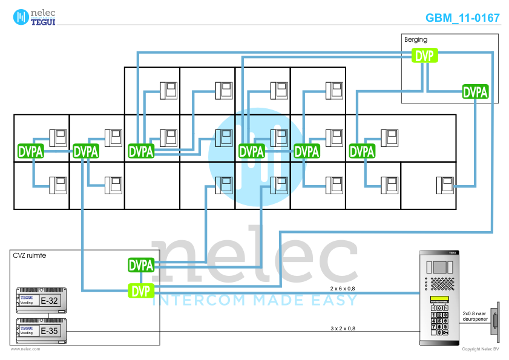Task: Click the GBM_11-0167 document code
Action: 462,18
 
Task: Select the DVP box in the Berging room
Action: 425,56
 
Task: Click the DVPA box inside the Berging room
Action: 475,92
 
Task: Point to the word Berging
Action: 415,40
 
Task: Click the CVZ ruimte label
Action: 29,255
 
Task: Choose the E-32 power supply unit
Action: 41,299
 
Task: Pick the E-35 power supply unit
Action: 41,330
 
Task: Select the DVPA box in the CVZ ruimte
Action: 141,265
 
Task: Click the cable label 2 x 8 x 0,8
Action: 343,288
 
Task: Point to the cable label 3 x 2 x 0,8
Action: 343,328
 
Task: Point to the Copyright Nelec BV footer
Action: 480,349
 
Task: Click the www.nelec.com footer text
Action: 25,349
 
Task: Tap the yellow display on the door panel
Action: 439,301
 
